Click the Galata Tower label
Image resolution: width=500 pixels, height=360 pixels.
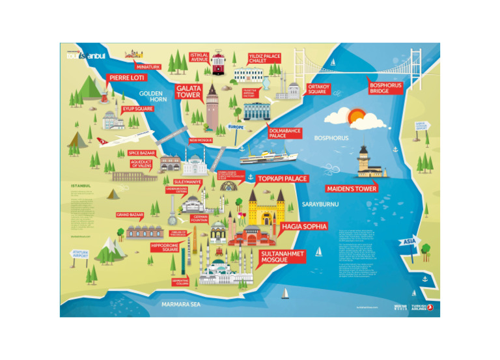click(188, 91)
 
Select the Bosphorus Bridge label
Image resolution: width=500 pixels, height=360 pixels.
click(385, 88)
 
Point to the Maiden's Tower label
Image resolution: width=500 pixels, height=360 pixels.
click(352, 189)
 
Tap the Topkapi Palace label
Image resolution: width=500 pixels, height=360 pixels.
click(283, 178)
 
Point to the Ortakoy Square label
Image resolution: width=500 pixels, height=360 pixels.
click(317, 89)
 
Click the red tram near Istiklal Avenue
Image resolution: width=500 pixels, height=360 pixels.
click(217, 63)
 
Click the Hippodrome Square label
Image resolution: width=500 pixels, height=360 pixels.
click(165, 247)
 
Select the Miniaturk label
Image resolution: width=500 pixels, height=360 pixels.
click(148, 67)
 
